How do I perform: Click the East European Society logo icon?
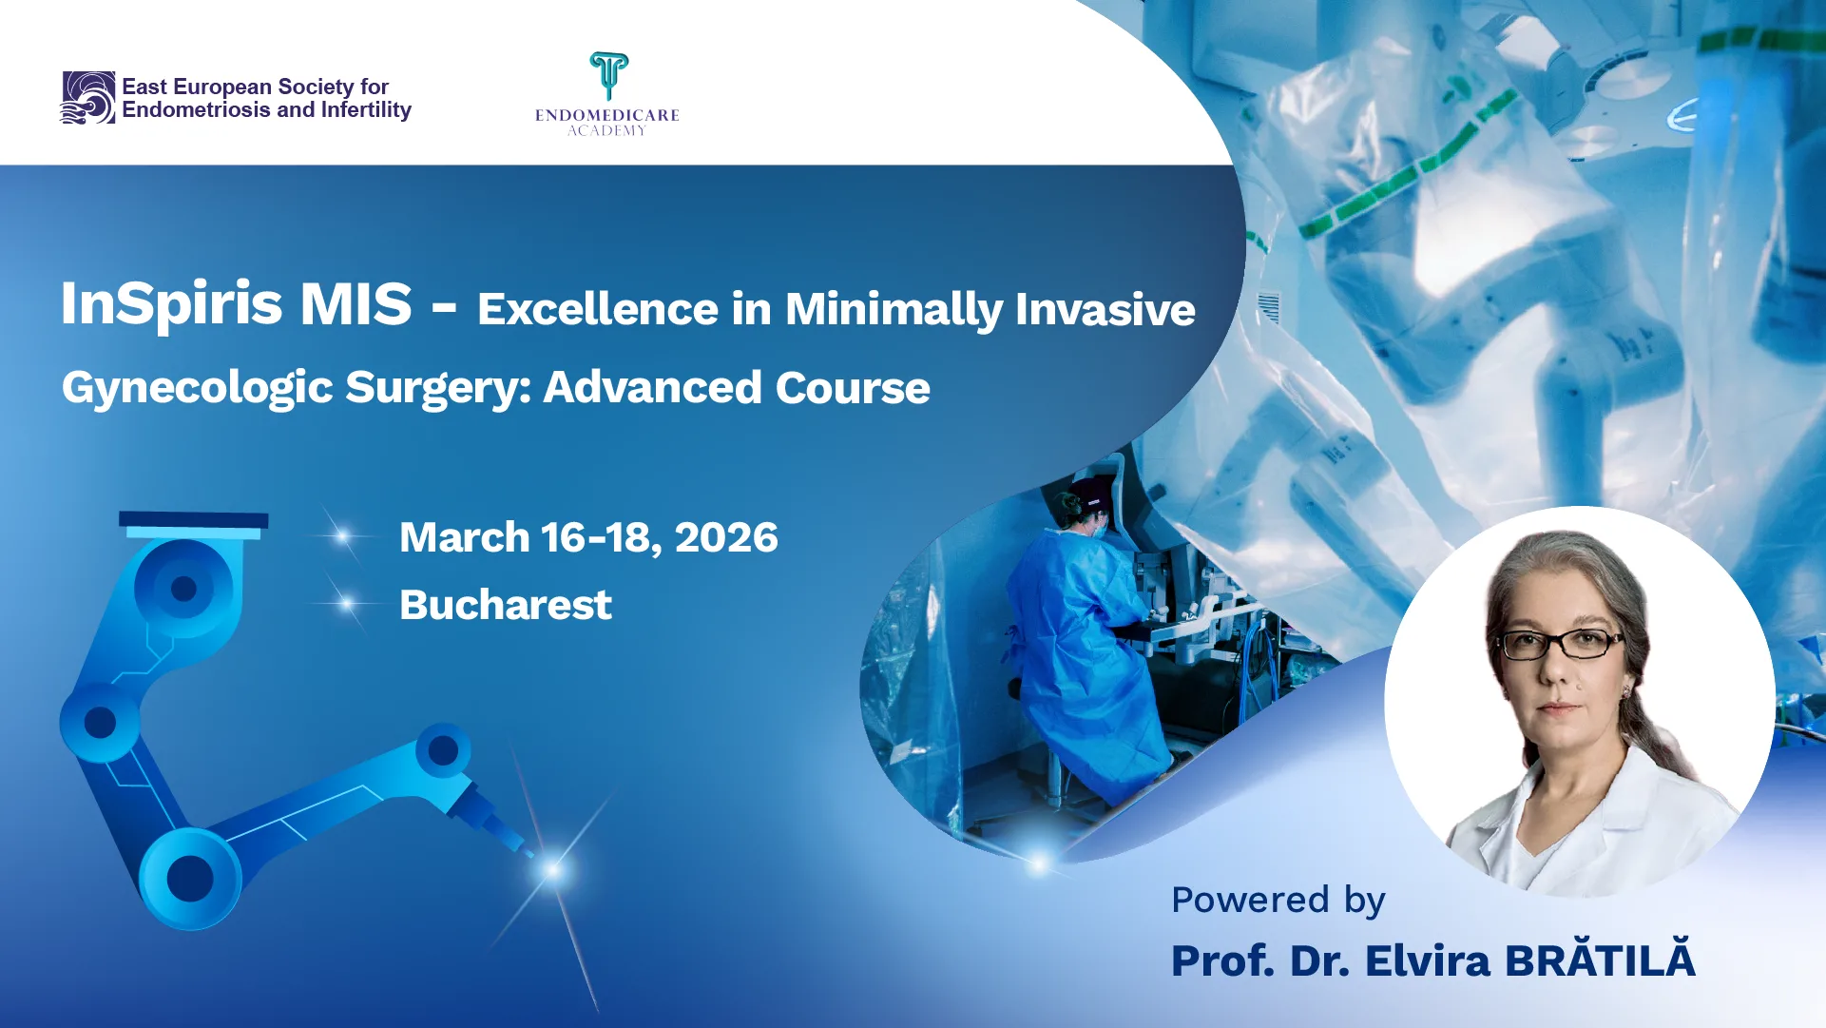tap(87, 98)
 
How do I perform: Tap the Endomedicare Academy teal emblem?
tap(608, 76)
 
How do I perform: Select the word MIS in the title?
tap(356, 304)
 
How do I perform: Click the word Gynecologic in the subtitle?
tap(198, 389)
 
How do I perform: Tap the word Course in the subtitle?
tap(853, 388)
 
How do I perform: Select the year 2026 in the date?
tap(726, 538)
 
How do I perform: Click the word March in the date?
tap(465, 537)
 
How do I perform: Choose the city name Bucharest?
tap(506, 605)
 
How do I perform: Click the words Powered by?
tap(1278, 901)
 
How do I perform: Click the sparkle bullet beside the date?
tap(342, 537)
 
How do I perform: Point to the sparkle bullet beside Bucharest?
tap(346, 604)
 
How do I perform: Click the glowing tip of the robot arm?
tap(552, 868)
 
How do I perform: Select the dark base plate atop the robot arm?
tap(193, 519)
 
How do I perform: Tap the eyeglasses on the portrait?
tap(1560, 644)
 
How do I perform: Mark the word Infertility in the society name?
tap(366, 110)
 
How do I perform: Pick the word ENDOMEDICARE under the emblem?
tap(607, 115)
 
